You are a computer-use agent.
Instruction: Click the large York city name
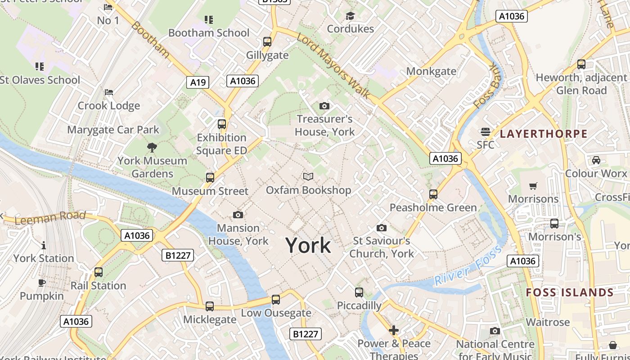pyautogui.click(x=308, y=245)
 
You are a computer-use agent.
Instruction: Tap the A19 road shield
pyautogui.click(x=198, y=82)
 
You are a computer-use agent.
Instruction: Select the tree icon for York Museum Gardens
pyautogui.click(x=152, y=147)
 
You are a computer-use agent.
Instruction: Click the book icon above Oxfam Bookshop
pyautogui.click(x=308, y=177)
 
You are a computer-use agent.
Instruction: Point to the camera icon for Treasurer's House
pyautogui.click(x=324, y=106)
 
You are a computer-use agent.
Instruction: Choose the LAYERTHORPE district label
pyautogui.click(x=544, y=134)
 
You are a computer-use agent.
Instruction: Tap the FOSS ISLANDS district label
pyautogui.click(x=570, y=292)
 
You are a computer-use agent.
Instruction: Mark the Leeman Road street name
pyautogui.click(x=50, y=217)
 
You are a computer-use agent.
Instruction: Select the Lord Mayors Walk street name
pyautogui.click(x=333, y=66)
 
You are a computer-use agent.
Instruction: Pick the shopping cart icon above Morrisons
pyautogui.click(x=533, y=186)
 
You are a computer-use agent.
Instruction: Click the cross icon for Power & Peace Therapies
pyautogui.click(x=394, y=331)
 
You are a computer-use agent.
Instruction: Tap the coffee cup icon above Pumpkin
pyautogui.click(x=42, y=283)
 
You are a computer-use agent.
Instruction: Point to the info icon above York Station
pyautogui.click(x=44, y=245)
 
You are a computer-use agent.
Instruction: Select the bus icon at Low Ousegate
pyautogui.click(x=276, y=300)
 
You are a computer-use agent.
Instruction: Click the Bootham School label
pyautogui.click(x=209, y=33)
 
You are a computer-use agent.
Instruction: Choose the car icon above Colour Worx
pyautogui.click(x=596, y=160)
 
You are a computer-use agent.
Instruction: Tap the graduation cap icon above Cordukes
pyautogui.click(x=350, y=16)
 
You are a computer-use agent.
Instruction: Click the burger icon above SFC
pyautogui.click(x=485, y=132)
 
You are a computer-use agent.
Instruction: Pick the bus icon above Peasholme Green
pyautogui.click(x=433, y=194)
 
